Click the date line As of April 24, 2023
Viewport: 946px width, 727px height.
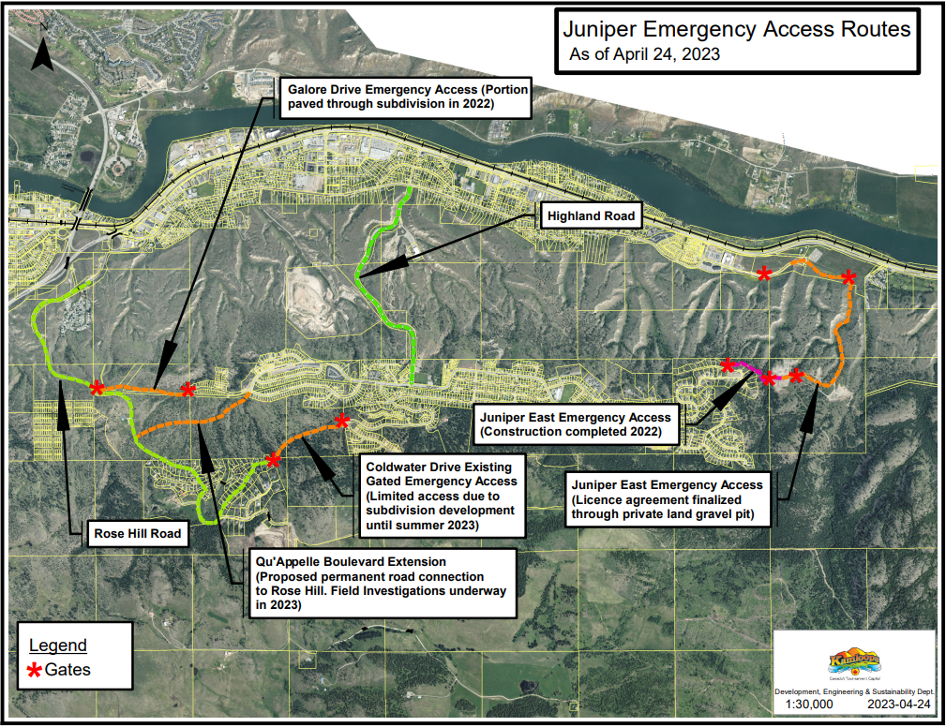coord(645,54)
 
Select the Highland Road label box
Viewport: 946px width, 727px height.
coord(591,216)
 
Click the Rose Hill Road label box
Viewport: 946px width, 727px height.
coord(136,534)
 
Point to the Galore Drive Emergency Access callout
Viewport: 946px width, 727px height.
coord(405,97)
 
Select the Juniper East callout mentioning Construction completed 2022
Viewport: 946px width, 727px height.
coord(575,425)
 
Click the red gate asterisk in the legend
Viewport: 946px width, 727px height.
coord(35,670)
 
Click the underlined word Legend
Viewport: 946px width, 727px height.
coord(58,645)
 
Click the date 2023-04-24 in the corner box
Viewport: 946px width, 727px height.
coord(899,703)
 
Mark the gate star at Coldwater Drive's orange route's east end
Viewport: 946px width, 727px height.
coord(342,421)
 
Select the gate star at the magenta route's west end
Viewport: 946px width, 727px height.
coord(728,365)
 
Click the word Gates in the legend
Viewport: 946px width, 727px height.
coord(68,670)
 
